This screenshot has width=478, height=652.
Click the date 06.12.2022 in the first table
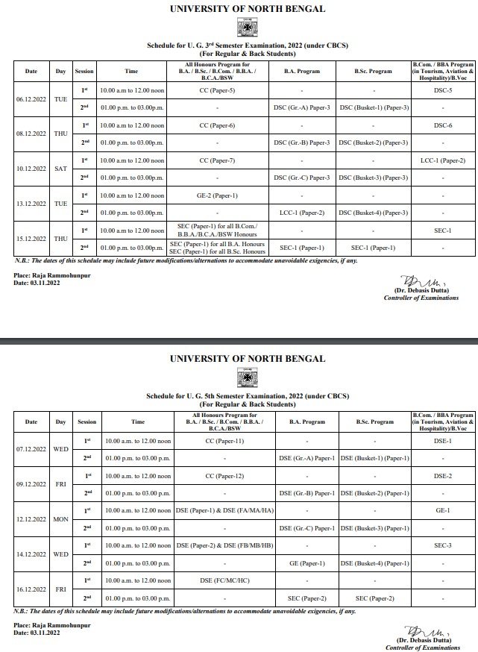(x=31, y=98)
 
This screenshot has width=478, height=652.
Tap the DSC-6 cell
(x=443, y=125)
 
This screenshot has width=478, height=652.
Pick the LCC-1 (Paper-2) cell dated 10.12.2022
(x=443, y=160)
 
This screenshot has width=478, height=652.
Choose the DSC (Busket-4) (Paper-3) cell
(x=374, y=213)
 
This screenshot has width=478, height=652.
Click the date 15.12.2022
(x=31, y=239)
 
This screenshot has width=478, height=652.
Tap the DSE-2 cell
(x=443, y=475)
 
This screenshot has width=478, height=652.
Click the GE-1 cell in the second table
(x=443, y=510)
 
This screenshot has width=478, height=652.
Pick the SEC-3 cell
(x=443, y=545)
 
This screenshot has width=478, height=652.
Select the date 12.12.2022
(x=31, y=519)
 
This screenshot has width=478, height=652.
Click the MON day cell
(x=61, y=519)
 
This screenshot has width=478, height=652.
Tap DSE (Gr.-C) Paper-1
(x=306, y=528)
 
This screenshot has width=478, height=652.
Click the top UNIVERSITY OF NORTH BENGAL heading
(x=248, y=9)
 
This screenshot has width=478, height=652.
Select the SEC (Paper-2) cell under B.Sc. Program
(x=377, y=598)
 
